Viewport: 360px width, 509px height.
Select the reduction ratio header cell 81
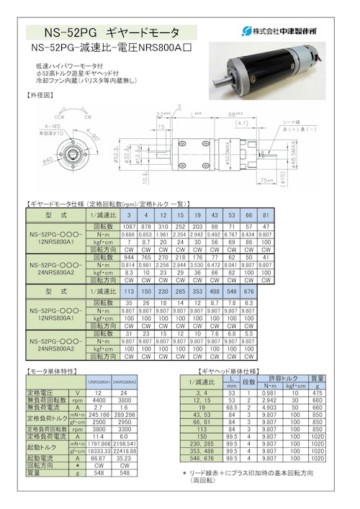(x=266, y=215)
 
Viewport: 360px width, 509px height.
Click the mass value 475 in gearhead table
(x=318, y=392)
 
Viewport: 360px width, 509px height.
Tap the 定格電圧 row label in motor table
(x=45, y=392)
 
